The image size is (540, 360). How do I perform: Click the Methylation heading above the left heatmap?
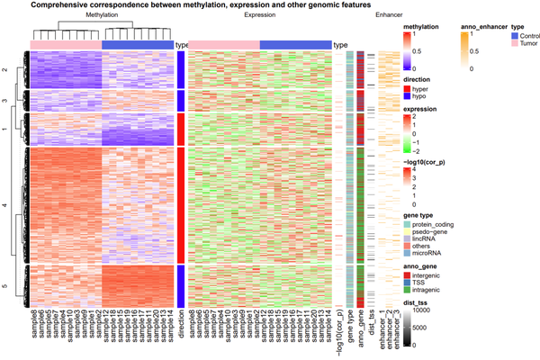tap(102, 16)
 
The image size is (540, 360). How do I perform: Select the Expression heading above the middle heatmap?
tap(260, 16)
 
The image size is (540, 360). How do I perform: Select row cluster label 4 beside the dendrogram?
tap(4, 206)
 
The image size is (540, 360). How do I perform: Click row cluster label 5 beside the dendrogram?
tap(4, 286)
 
